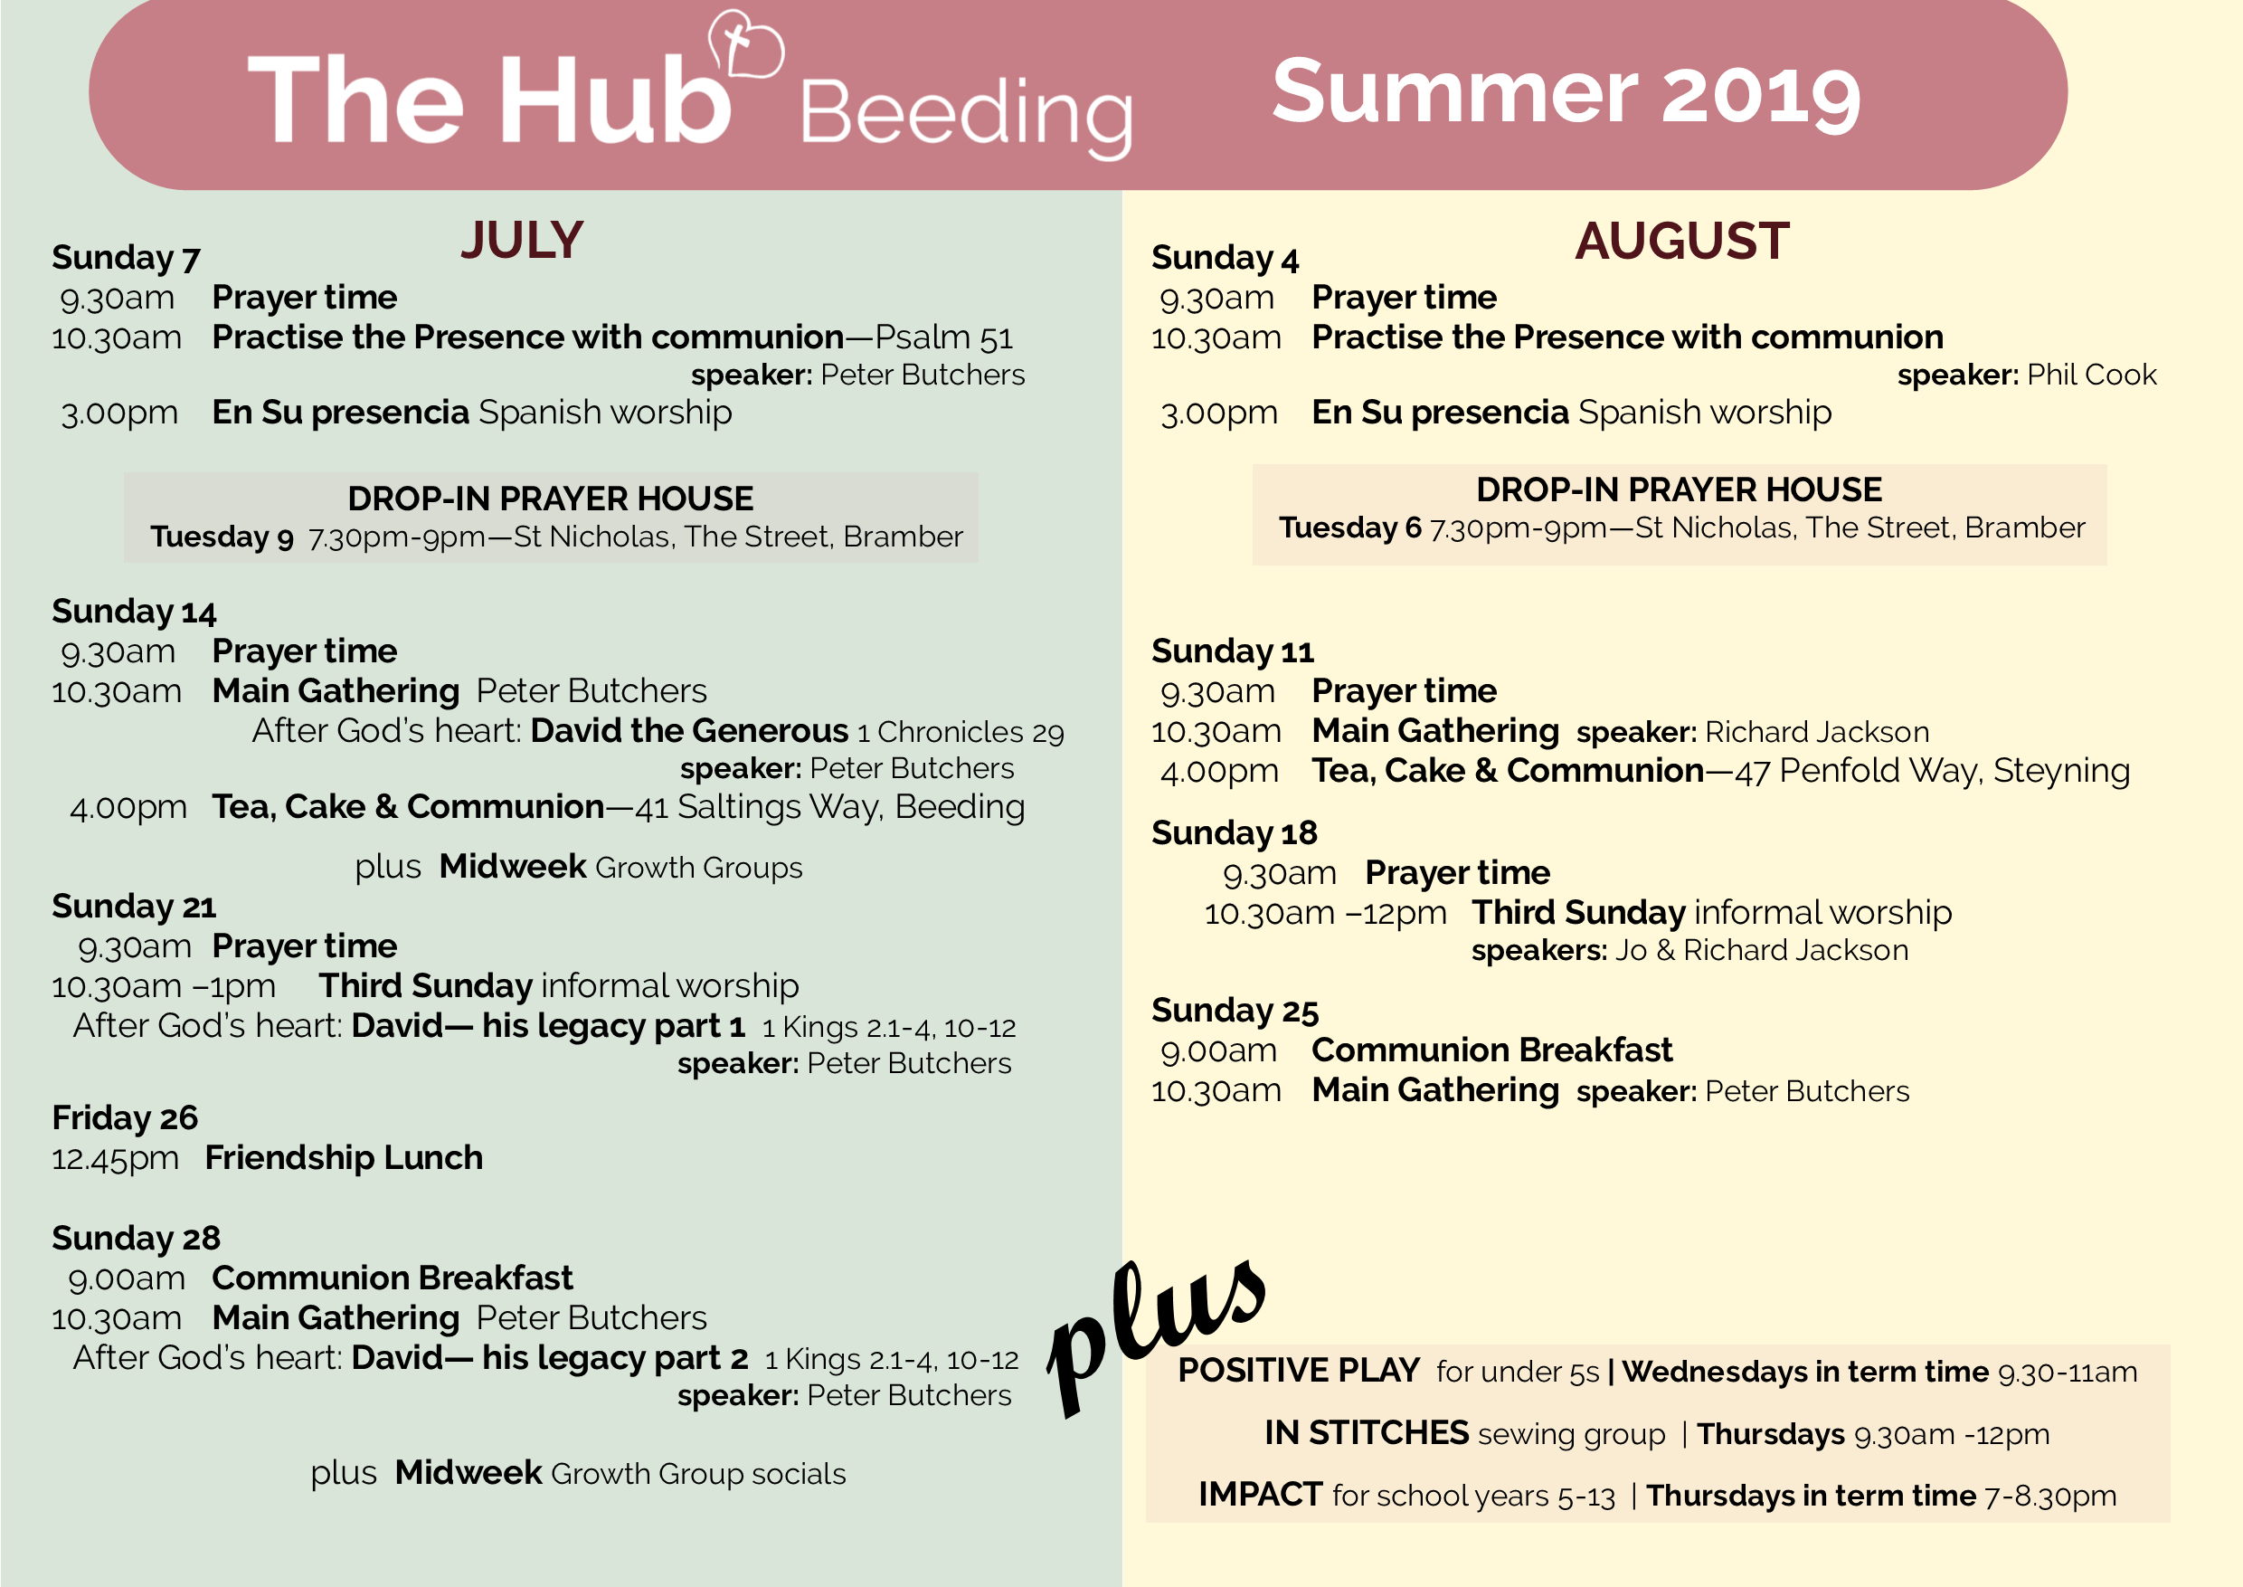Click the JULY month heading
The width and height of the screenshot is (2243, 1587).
click(522, 241)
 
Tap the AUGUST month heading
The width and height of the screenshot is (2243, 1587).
click(1681, 241)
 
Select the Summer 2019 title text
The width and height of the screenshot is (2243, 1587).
click(1566, 93)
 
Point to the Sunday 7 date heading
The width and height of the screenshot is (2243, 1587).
click(126, 258)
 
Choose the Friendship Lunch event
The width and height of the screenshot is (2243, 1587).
click(344, 1158)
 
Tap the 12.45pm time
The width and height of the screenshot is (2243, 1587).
click(115, 1159)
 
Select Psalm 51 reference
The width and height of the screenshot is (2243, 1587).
click(943, 337)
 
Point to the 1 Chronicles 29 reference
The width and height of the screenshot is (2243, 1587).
click(961, 732)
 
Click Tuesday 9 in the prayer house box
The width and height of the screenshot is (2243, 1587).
click(222, 537)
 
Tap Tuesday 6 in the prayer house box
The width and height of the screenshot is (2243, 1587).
click(1350, 527)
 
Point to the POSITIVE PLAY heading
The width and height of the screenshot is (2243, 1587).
click(1299, 1370)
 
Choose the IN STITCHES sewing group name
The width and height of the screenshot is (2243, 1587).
click(1366, 1432)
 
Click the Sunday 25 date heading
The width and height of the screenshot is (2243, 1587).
click(1235, 1011)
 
